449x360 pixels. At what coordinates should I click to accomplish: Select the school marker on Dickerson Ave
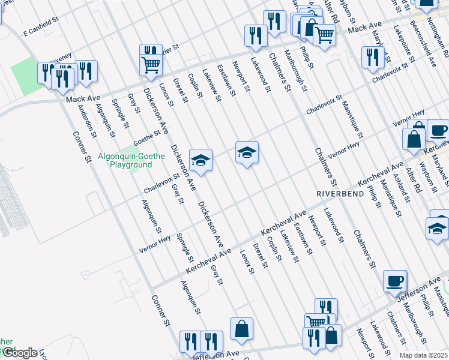tap(201, 160)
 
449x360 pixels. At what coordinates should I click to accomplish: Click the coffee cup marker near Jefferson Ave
tap(395, 281)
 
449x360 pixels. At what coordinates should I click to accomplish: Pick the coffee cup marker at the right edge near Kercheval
tap(438, 130)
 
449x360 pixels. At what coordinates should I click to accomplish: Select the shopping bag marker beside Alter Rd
tap(414, 139)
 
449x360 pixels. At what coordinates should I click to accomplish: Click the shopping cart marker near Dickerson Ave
tap(150, 63)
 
